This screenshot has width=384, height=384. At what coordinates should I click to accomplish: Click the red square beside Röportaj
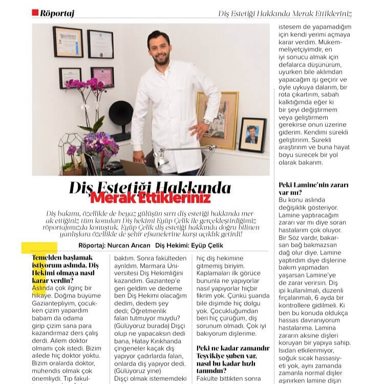coord(35,13)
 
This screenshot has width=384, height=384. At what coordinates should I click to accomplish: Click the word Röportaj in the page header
coord(57,13)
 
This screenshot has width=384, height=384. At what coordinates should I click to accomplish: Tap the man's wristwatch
coord(207,121)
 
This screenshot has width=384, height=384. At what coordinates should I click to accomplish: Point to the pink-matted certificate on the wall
coord(102,77)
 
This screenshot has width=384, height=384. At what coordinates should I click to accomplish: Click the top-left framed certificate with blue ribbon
coord(68,42)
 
